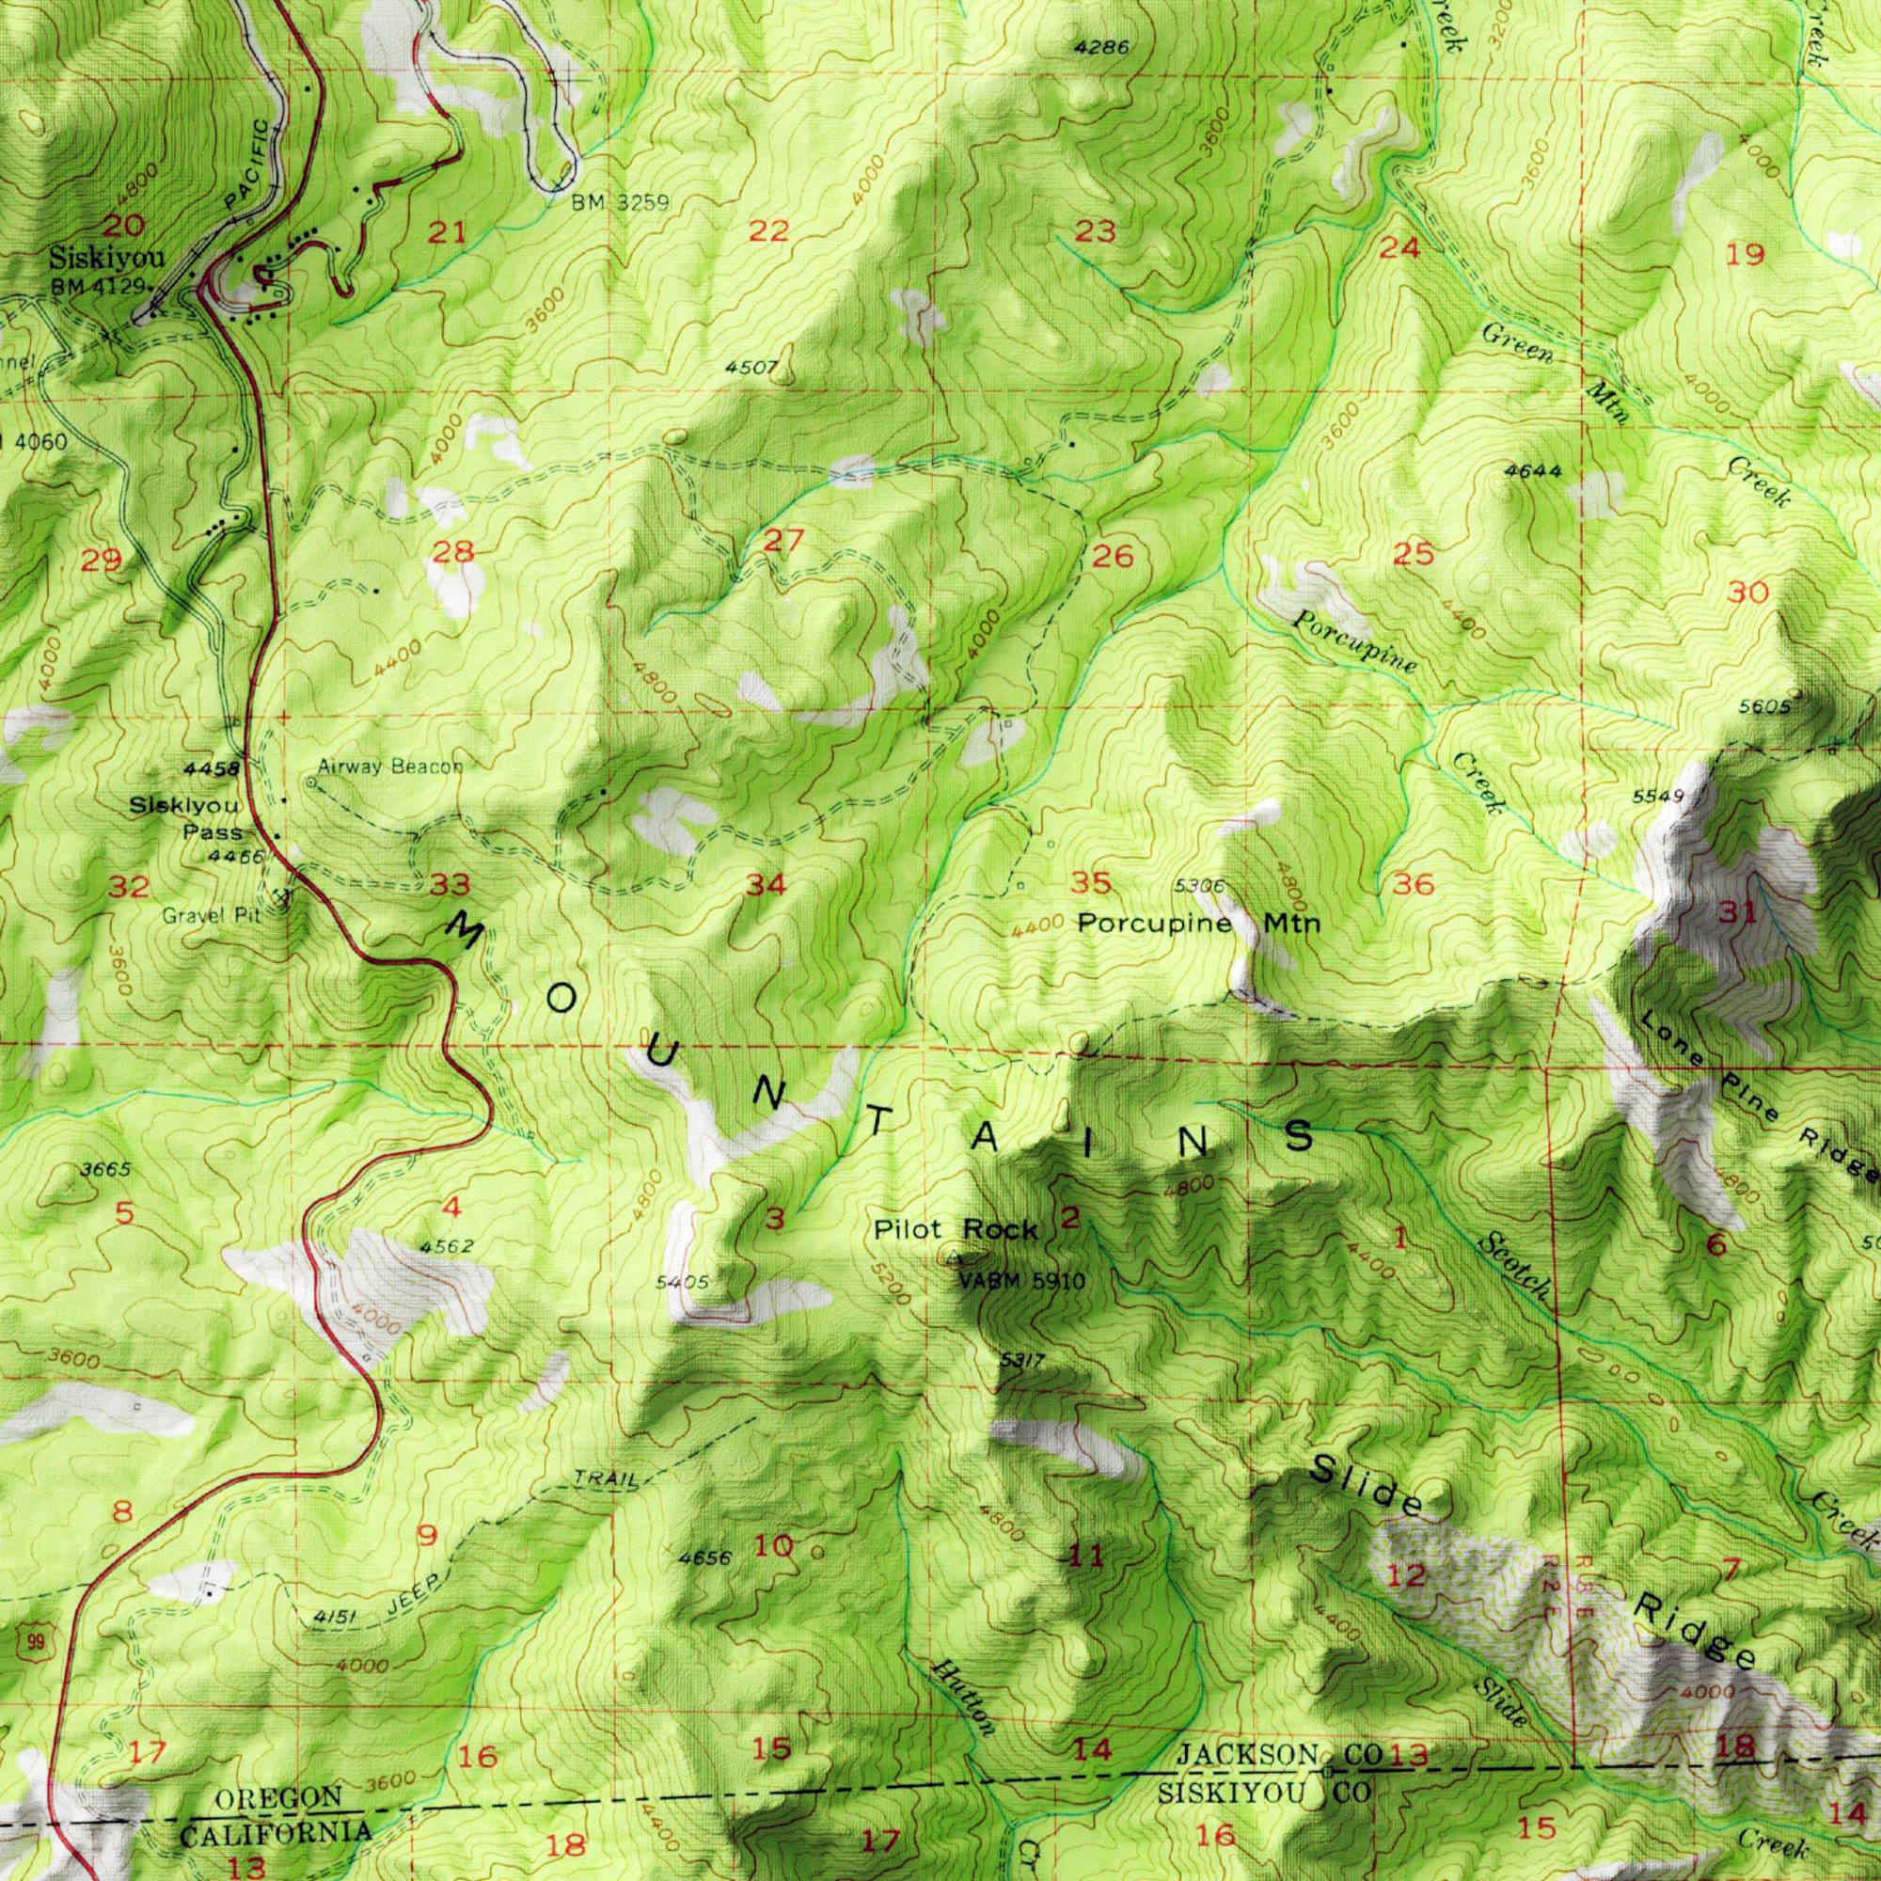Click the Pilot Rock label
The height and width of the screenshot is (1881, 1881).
(954, 1229)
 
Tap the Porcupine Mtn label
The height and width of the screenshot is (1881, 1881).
(1197, 923)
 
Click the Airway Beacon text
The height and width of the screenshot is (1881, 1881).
(389, 767)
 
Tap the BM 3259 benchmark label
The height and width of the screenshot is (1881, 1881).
(619, 202)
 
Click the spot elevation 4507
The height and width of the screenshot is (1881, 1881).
(750, 368)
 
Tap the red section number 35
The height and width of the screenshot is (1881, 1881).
(1090, 884)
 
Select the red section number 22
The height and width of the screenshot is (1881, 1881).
(769, 231)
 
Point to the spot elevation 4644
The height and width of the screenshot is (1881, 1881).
(1533, 471)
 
